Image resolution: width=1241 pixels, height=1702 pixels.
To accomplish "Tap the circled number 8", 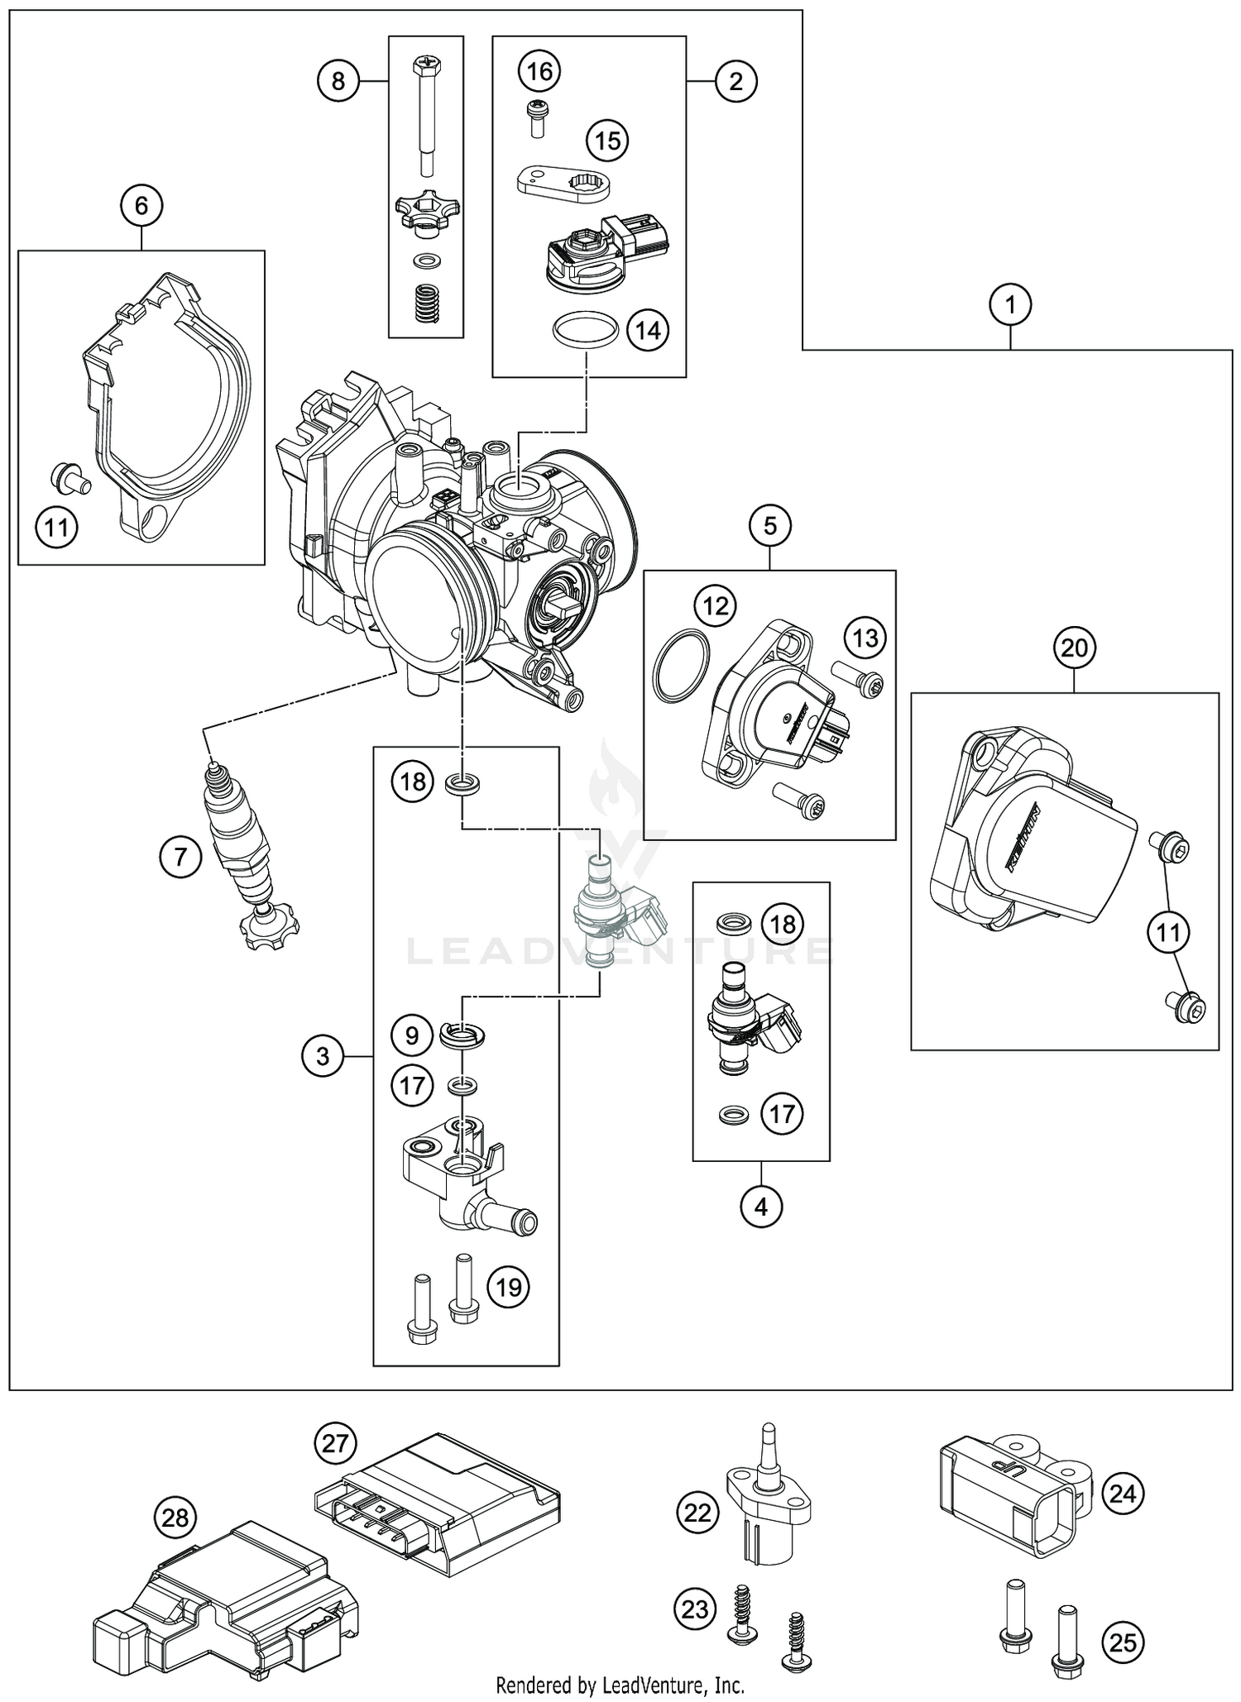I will (x=338, y=81).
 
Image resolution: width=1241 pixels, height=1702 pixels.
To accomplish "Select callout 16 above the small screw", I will (x=539, y=72).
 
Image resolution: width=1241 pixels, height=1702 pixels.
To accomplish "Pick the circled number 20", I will (x=1074, y=648).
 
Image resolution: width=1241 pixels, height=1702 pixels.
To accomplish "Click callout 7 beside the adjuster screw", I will (x=181, y=857).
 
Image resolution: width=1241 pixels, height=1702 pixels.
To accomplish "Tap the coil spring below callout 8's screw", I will (x=426, y=305).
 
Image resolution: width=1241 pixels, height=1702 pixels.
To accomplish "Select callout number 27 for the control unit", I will (x=335, y=1444).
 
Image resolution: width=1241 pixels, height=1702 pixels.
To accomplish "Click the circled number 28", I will (x=175, y=1517).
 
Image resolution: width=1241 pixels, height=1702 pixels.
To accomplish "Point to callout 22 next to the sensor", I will (x=698, y=1512).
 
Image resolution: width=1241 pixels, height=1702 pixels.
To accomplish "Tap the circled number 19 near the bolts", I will (x=509, y=1287).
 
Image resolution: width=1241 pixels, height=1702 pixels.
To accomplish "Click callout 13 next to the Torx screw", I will (x=865, y=638).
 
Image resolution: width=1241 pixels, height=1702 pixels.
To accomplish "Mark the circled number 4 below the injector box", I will (x=761, y=1207).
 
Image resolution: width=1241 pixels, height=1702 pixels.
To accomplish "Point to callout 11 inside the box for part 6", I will (x=56, y=526).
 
